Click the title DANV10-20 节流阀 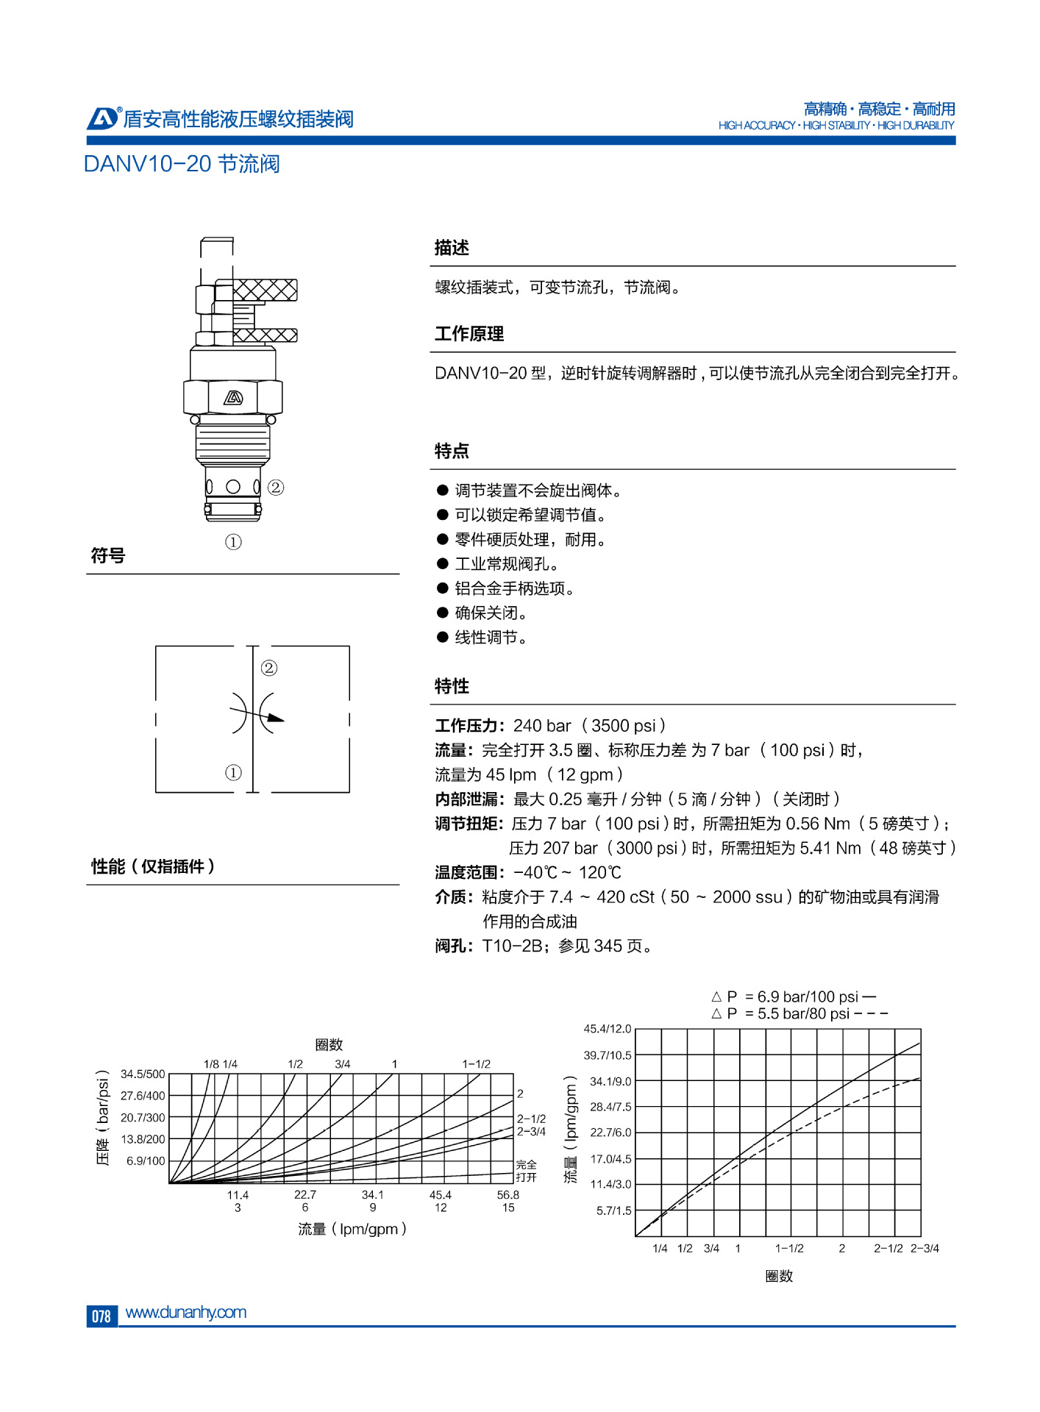pos(182,163)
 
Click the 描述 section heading pos(452,248)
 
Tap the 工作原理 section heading pos(469,334)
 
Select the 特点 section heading pos(452,451)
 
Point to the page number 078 pos(101,1316)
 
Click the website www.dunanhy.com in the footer pos(186,1312)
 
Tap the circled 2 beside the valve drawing pos(276,487)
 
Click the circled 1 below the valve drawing pos(233,542)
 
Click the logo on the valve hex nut pos(233,398)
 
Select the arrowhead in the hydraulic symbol pos(275,719)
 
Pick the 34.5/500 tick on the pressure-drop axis pos(143,1074)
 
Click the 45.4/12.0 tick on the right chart pos(607,1029)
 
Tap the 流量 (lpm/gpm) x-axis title pos(352,1229)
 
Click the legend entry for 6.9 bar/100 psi pos(794,996)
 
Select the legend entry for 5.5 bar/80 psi pos(799,1013)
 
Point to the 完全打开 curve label pos(527,1171)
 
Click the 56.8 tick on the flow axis pos(508,1195)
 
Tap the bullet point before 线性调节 pos(443,637)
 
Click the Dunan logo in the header pos(102,118)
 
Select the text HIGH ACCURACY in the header pos(757,126)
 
